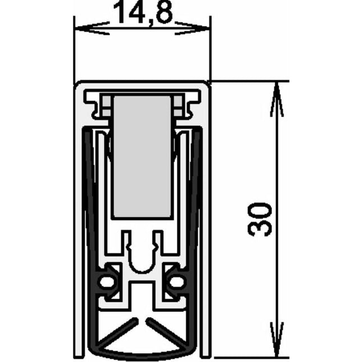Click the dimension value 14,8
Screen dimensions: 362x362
[142, 13]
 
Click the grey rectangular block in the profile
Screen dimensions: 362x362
[141, 157]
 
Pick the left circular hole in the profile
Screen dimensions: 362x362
[106, 281]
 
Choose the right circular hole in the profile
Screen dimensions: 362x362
[177, 281]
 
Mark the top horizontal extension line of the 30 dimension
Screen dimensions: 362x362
[247, 81]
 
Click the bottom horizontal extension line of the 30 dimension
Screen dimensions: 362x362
[247, 358]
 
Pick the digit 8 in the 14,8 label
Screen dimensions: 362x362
[163, 13]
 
